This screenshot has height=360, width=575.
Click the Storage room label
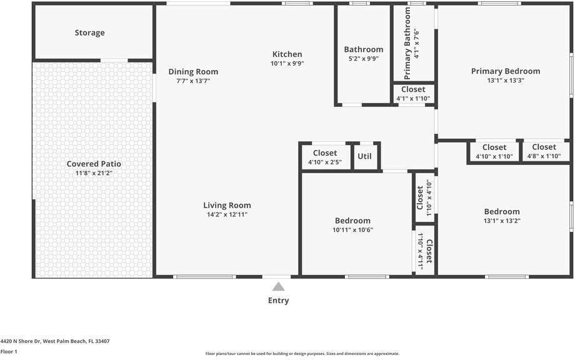pyautogui.click(x=89, y=32)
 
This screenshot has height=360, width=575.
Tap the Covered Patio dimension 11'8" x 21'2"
pyautogui.click(x=94, y=173)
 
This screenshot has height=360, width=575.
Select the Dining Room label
pyautogui.click(x=193, y=72)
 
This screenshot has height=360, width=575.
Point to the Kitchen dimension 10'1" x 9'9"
pyautogui.click(x=287, y=64)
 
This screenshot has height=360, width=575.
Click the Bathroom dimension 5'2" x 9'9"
pyautogui.click(x=363, y=59)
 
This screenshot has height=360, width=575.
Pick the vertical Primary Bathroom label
pyautogui.click(x=407, y=42)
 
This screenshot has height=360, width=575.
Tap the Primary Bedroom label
pyautogui.click(x=505, y=71)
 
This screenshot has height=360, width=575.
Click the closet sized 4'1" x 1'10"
pyautogui.click(x=413, y=94)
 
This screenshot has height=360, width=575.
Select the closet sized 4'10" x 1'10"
pyautogui.click(x=494, y=152)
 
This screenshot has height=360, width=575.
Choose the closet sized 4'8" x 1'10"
pyautogui.click(x=544, y=152)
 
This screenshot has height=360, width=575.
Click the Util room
pyautogui.click(x=364, y=156)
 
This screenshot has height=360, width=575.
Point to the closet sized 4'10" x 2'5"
pyautogui.click(x=324, y=157)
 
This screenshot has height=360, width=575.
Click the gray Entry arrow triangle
pyautogui.click(x=278, y=287)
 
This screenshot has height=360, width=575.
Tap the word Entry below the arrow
pyautogui.click(x=278, y=301)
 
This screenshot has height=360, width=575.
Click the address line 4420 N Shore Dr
pyautogui.click(x=55, y=341)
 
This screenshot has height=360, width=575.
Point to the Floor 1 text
pyautogui.click(x=9, y=352)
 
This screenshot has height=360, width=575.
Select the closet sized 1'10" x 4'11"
pyautogui.click(x=424, y=251)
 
